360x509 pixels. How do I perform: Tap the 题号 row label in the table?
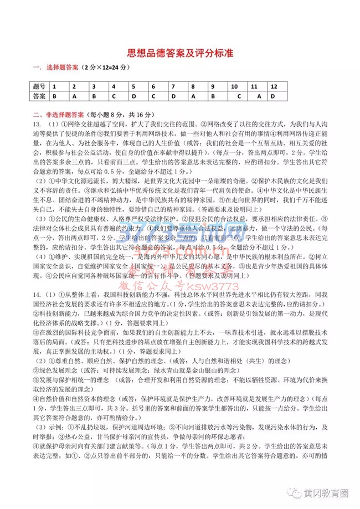(x=39, y=87)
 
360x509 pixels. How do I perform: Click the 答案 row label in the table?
(x=39, y=96)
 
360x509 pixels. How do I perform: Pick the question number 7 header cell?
(x=173, y=87)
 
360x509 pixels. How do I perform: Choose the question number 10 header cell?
(x=234, y=87)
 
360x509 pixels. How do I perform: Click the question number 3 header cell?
(x=94, y=87)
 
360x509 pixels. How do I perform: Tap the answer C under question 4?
(x=114, y=96)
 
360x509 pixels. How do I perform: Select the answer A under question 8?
(x=193, y=96)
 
